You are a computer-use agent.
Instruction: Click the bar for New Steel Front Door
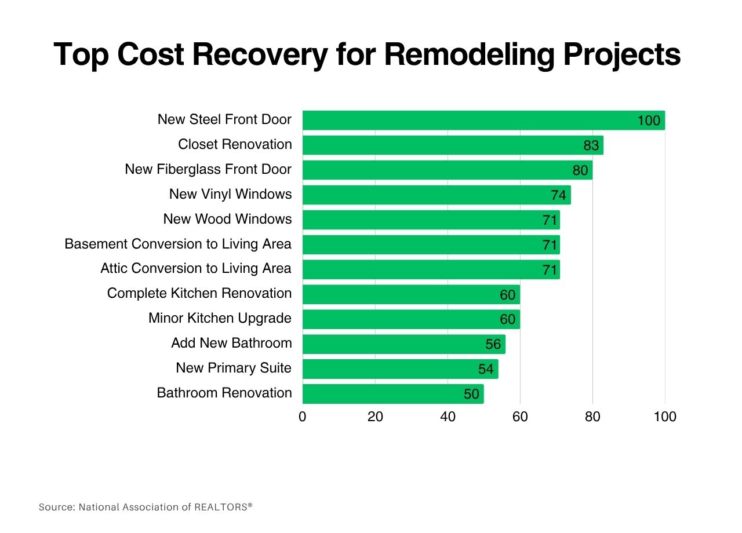point(464,120)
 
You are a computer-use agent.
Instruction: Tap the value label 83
point(591,145)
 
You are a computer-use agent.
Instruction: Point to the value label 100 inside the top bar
point(649,121)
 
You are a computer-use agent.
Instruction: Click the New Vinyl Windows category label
point(230,194)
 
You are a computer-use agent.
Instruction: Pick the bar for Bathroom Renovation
point(377,394)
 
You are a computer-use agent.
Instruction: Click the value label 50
point(471,395)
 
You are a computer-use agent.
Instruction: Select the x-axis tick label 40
point(448,417)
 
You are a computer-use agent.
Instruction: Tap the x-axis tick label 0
point(303,417)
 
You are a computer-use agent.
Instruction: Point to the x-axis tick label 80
point(592,417)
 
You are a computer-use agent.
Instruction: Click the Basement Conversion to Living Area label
point(178,244)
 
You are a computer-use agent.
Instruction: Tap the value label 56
point(493,345)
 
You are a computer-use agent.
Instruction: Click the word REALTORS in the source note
point(221,507)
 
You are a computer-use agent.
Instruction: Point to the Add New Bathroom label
point(231,343)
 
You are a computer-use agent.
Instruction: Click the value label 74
point(558,195)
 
